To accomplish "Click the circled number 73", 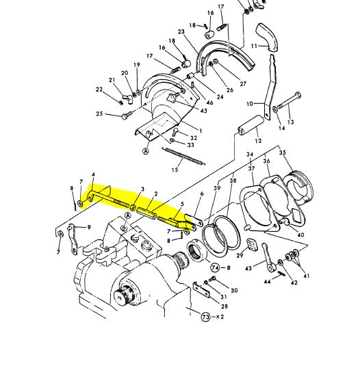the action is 205,317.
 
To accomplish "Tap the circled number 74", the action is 216,268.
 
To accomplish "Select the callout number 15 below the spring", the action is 175,170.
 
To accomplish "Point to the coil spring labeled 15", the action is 183,157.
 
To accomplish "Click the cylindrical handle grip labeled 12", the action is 250,124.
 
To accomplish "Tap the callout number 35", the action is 283,152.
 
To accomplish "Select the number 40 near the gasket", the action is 300,235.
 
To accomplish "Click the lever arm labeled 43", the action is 268,257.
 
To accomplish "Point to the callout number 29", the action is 240,255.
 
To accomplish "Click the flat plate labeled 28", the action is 202,290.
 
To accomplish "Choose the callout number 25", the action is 99,114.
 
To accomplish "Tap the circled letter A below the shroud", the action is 146,150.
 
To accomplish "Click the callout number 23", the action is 181,31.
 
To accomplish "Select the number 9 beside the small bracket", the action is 88,227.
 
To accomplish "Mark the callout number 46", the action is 209,103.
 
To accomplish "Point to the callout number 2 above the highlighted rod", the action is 156,194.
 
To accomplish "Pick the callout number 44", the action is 268,282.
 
